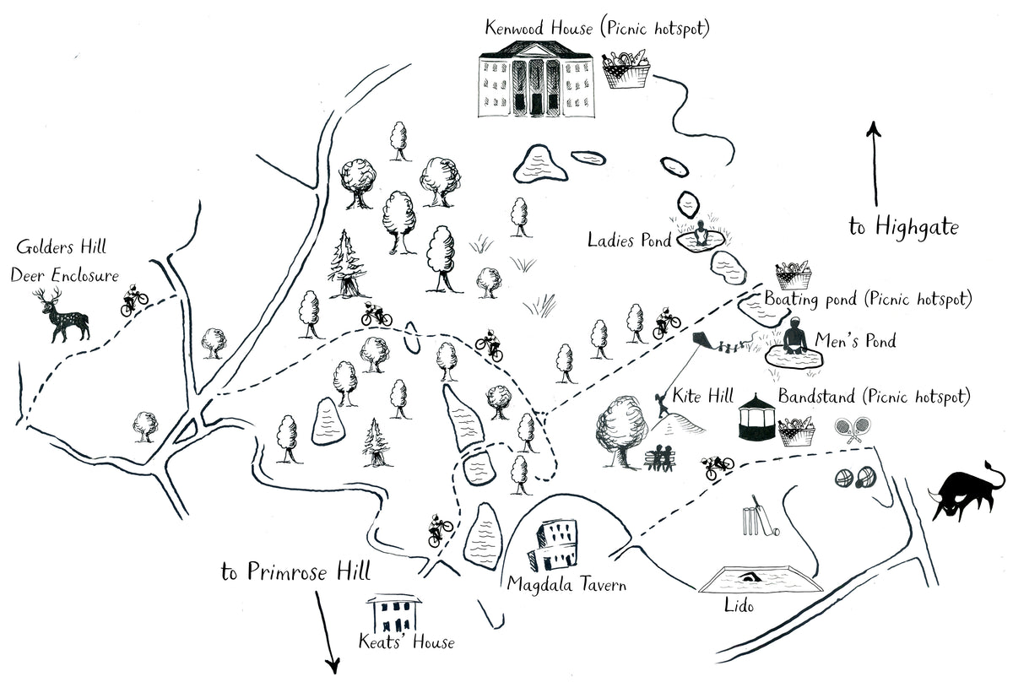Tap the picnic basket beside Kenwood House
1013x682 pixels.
coord(626,69)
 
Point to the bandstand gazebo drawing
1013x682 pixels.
coord(756,414)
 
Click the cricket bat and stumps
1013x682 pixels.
coord(756,521)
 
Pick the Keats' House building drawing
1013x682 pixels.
coord(393,614)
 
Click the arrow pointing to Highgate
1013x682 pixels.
coord(875,165)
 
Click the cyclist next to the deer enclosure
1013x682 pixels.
coord(133,300)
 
